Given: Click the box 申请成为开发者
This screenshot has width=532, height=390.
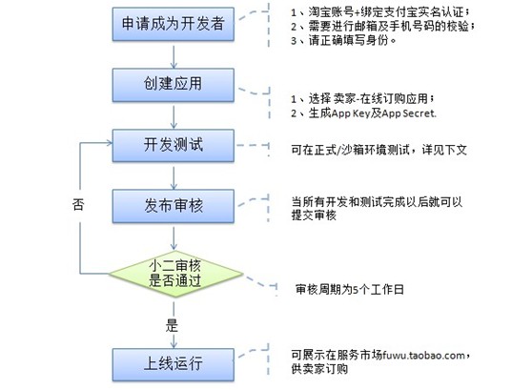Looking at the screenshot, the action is (173, 24).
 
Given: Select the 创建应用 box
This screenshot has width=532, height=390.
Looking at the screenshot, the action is (173, 85).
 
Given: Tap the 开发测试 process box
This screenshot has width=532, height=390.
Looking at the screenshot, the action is (173, 145).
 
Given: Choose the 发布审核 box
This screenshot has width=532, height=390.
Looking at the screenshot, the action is (173, 206).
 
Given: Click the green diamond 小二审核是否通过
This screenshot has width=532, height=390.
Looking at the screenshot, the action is (175, 274).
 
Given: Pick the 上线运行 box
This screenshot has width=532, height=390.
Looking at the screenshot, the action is (173, 365).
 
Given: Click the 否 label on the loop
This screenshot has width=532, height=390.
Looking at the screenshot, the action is (78, 205).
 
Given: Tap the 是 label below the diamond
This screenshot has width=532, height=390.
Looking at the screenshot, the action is (172, 325).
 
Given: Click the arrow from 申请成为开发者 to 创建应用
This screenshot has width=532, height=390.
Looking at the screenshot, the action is (174, 56).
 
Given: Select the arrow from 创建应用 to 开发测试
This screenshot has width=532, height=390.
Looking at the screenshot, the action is (174, 117).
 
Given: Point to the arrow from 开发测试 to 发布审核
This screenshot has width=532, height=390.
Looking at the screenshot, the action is (174, 177).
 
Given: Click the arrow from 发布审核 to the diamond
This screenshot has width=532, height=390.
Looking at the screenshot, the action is (174, 238).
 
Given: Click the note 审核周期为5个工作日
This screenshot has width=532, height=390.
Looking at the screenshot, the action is (350, 290).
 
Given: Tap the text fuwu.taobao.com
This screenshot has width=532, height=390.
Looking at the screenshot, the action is (423, 356).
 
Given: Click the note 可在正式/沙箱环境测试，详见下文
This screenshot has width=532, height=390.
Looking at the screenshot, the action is (379, 150).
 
